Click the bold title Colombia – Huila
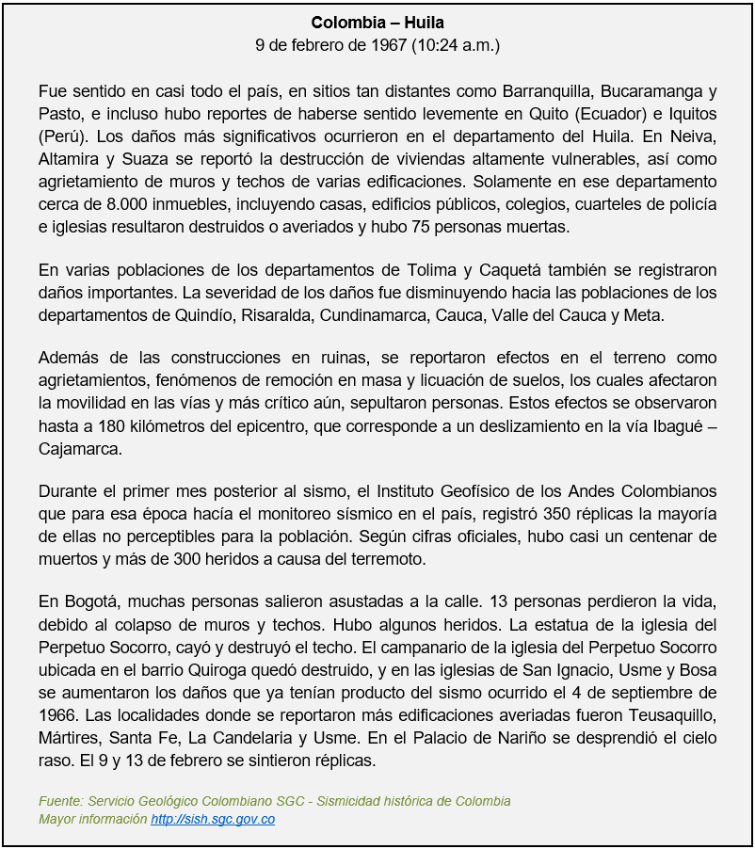pos(377,22)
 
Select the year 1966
pos(61,715)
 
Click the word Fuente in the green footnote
pos(60,801)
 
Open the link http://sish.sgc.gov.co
pos(213,819)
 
